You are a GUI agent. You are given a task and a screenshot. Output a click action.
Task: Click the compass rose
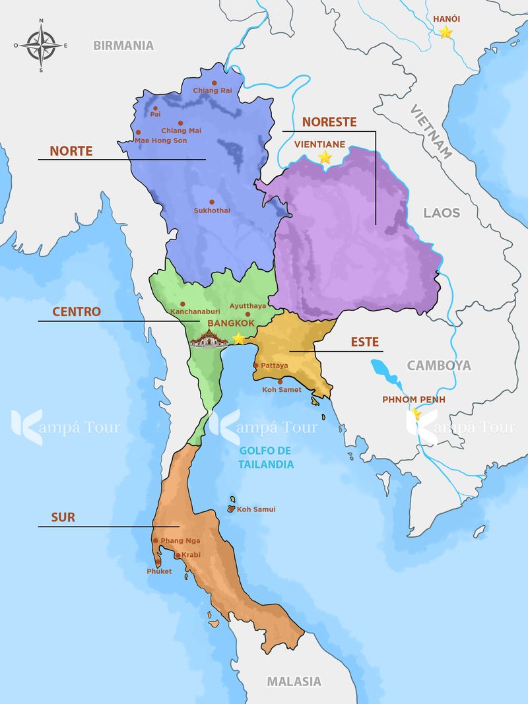pos(41,46)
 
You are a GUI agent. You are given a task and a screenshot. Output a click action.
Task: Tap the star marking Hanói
pos(446,32)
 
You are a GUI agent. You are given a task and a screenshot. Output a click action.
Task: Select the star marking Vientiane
pos(325,157)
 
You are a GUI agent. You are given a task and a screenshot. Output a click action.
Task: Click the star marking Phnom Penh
pos(416,414)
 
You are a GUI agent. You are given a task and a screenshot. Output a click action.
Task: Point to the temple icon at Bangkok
pos(210,338)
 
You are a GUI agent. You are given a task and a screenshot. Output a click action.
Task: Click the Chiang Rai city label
pos(213,90)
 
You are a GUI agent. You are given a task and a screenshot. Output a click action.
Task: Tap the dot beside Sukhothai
pos(211,202)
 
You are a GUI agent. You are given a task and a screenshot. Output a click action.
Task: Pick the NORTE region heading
pos(71,151)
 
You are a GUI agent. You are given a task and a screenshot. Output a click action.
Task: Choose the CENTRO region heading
pos(77,311)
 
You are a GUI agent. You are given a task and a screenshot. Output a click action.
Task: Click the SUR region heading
pos(63,518)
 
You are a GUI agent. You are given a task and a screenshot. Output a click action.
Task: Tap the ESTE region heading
pos(364,342)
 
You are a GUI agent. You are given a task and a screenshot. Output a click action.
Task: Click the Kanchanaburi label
pos(195,311)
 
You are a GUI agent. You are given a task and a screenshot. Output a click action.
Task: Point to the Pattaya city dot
pos(256,365)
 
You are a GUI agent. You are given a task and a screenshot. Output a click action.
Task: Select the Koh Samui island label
pos(256,509)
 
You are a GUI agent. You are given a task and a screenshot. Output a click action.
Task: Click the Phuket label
pos(159,571)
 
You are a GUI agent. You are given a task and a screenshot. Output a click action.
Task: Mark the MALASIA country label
pos(294,682)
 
